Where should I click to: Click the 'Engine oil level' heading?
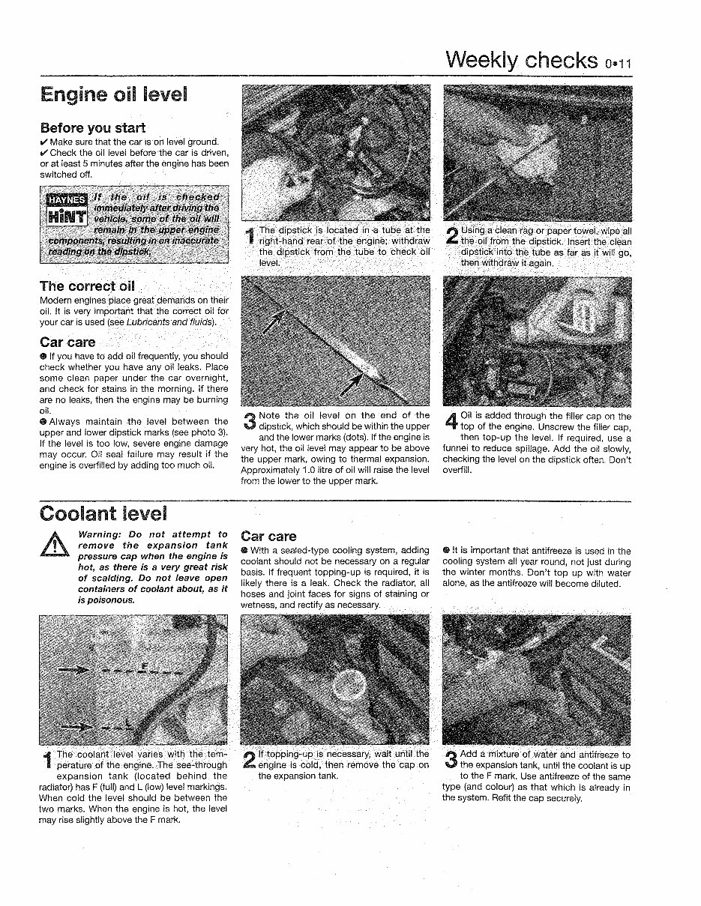point(113,94)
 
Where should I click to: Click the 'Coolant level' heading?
point(103,513)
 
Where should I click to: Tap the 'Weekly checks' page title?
point(522,59)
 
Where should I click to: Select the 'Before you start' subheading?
point(93,127)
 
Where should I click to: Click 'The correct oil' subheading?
point(87,286)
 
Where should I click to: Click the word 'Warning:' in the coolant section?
point(101,534)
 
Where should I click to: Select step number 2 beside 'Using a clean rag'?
point(451,235)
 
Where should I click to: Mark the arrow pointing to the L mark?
point(81,726)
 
